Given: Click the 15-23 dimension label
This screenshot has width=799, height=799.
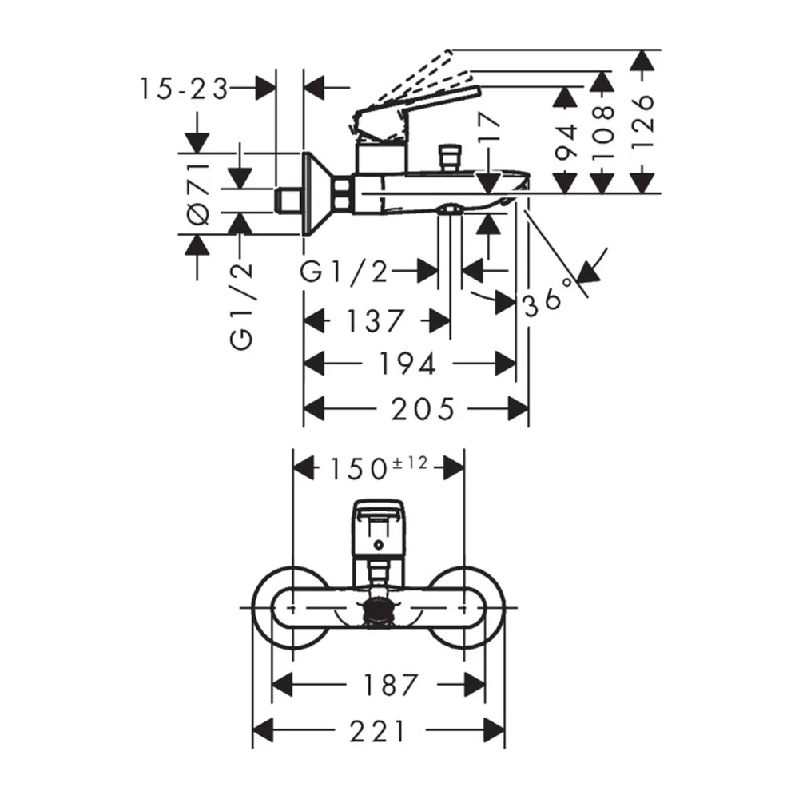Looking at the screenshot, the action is (x=184, y=89).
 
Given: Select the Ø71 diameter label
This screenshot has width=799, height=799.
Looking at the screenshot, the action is (x=199, y=193).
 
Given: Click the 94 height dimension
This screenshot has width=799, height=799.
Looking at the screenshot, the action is (x=565, y=142).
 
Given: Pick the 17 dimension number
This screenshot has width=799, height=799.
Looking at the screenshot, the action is (x=489, y=126).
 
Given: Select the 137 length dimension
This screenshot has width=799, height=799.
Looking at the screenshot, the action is (x=375, y=321).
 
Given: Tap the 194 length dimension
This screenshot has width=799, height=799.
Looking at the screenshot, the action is (x=407, y=364).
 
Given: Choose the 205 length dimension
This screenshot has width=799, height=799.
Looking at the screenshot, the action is (x=423, y=409).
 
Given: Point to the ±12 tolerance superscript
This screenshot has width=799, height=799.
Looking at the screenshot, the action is (x=410, y=463).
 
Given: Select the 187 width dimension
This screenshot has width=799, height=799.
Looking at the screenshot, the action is (x=391, y=685).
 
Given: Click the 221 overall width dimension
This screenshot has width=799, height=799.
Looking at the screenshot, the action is (x=378, y=732).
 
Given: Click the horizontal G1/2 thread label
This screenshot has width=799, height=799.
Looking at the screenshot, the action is (x=344, y=272).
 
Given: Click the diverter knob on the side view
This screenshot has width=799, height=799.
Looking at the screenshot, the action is (x=449, y=158).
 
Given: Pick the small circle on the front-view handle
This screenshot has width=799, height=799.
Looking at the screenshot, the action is (x=378, y=546).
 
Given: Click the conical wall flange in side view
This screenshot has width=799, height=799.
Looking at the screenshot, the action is (x=318, y=193).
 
